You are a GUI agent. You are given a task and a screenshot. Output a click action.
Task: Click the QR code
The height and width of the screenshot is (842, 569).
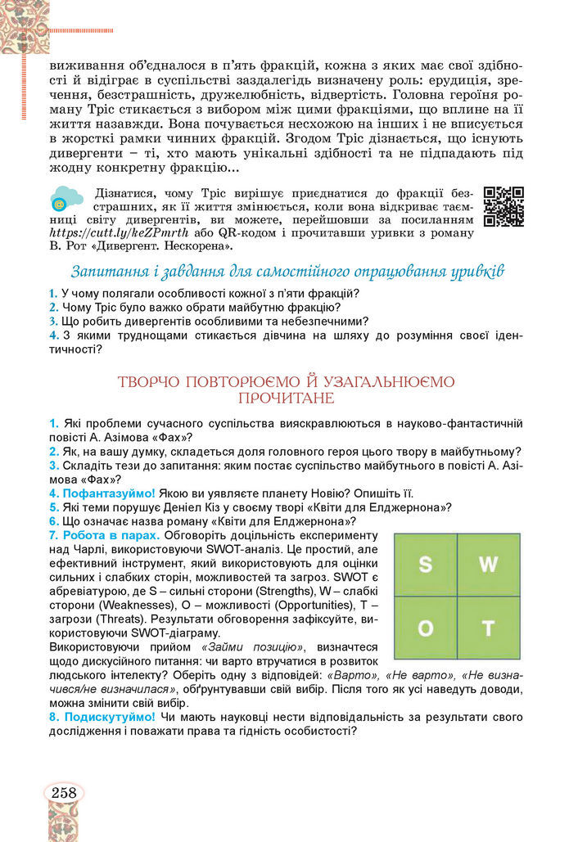(504, 206)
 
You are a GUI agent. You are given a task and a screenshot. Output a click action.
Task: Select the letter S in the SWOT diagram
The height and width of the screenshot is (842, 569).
(425, 565)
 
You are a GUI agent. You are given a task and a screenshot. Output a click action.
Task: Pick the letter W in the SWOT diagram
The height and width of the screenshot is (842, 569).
(488, 565)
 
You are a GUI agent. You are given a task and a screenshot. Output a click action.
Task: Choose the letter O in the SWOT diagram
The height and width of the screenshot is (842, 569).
(425, 628)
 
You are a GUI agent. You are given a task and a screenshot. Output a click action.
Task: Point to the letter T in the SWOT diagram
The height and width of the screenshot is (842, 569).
(488, 628)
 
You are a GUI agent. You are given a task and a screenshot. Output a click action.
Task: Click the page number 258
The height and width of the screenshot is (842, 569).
(63, 792)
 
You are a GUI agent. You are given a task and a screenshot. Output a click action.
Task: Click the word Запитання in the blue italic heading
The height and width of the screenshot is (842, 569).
(108, 271)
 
